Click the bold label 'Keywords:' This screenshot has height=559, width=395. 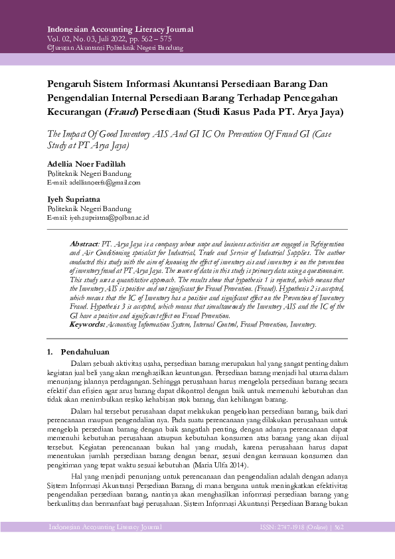tap(88, 325)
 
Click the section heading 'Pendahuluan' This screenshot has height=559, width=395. tap(85, 351)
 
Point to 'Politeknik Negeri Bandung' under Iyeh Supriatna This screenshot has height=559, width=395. tap(89, 208)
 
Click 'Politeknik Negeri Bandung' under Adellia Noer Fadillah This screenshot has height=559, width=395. tap(89, 173)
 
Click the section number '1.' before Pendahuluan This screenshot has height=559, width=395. tap(51, 351)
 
